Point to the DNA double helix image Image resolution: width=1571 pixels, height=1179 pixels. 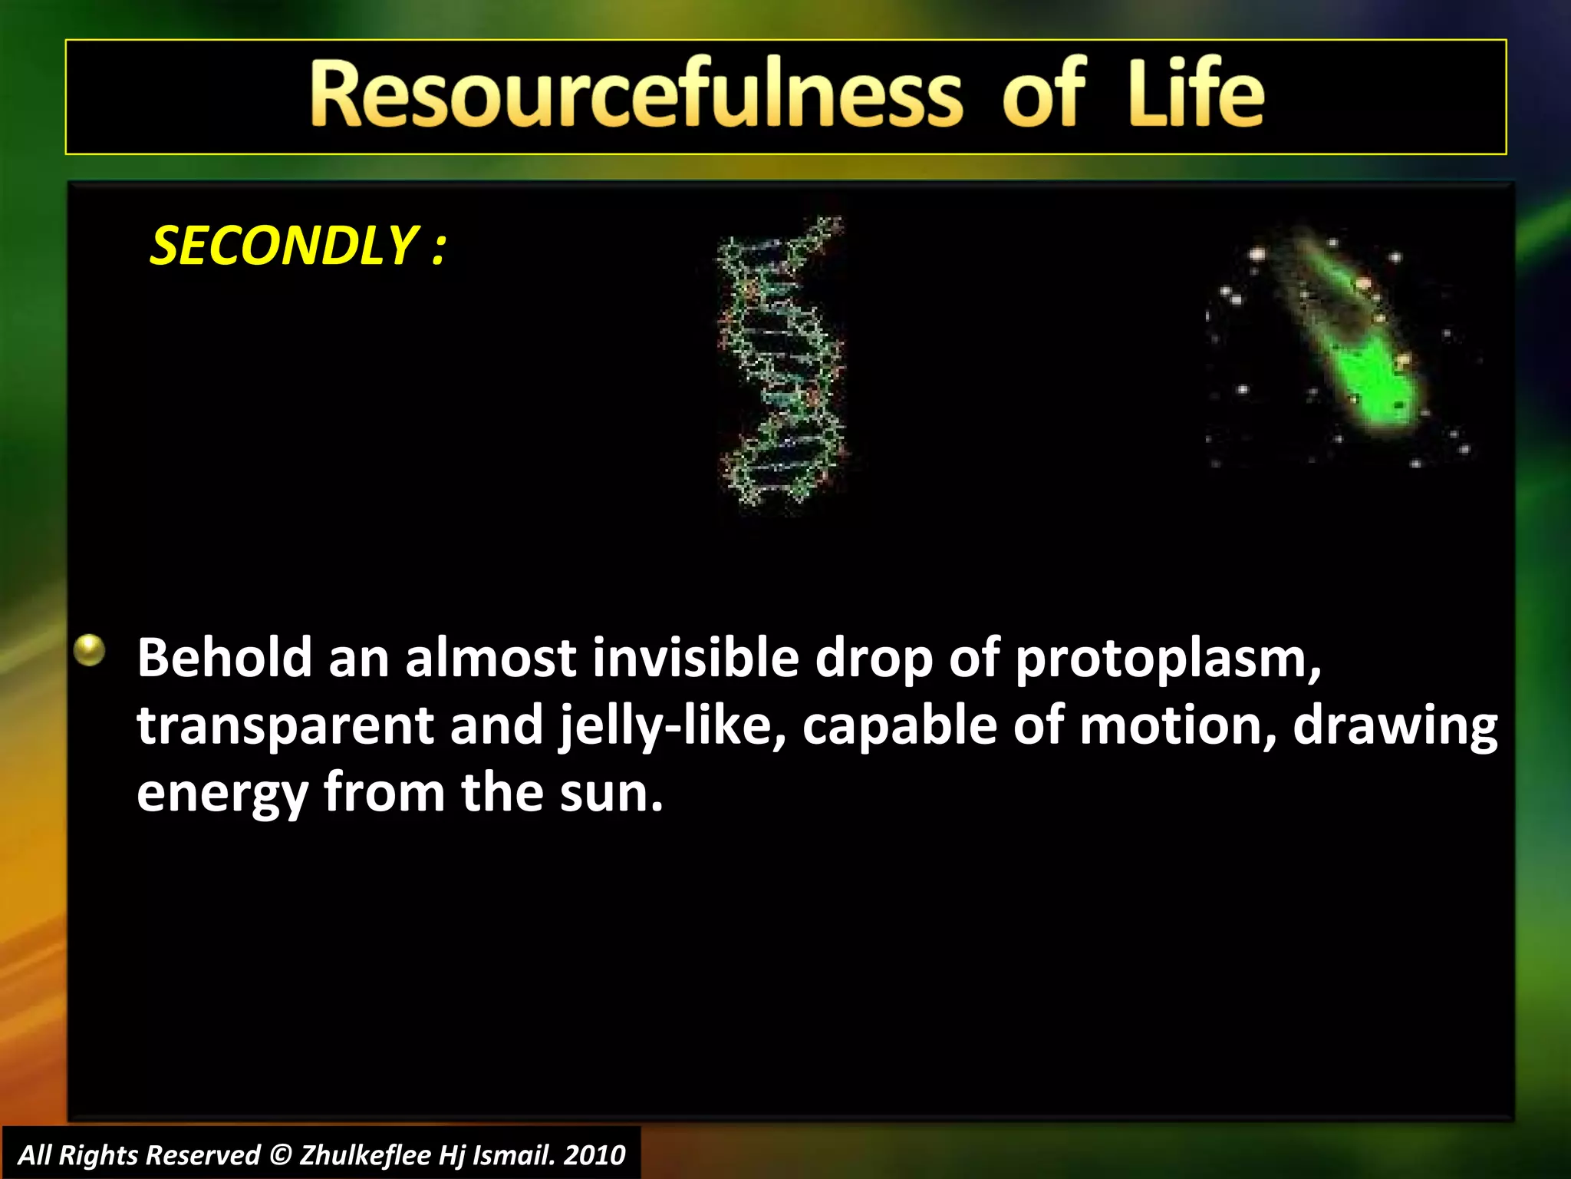(781, 361)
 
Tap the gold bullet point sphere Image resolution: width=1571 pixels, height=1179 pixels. (90, 651)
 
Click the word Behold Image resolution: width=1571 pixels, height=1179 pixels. (224, 659)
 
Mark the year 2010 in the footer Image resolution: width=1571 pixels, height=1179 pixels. (594, 1154)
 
